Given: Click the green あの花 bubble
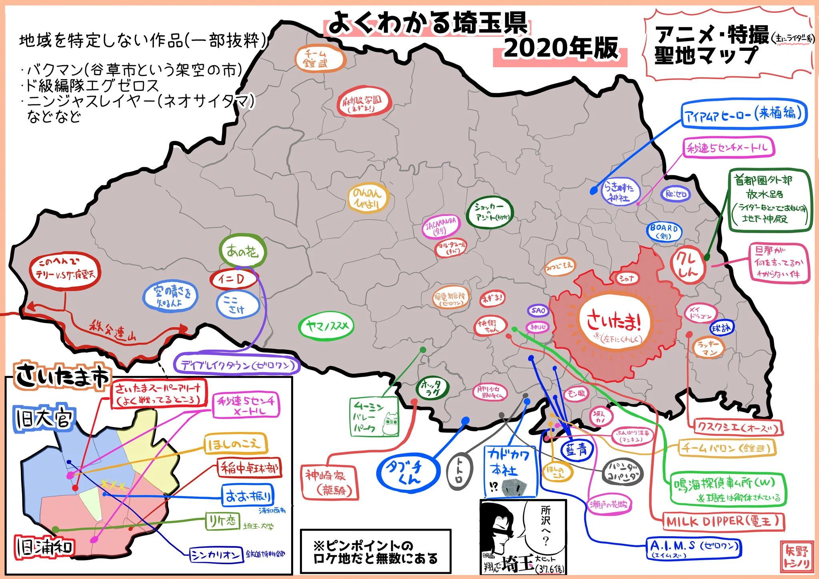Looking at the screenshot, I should coord(242,252).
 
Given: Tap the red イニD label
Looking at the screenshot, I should coord(234,279).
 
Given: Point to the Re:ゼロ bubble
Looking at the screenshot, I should coord(675,194).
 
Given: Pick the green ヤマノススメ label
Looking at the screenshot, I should coord(326,326).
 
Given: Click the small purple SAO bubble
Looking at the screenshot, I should coord(538,310).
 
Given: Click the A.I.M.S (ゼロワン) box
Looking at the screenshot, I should coord(694,548).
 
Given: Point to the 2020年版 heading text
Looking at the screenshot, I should coord(560,49).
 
